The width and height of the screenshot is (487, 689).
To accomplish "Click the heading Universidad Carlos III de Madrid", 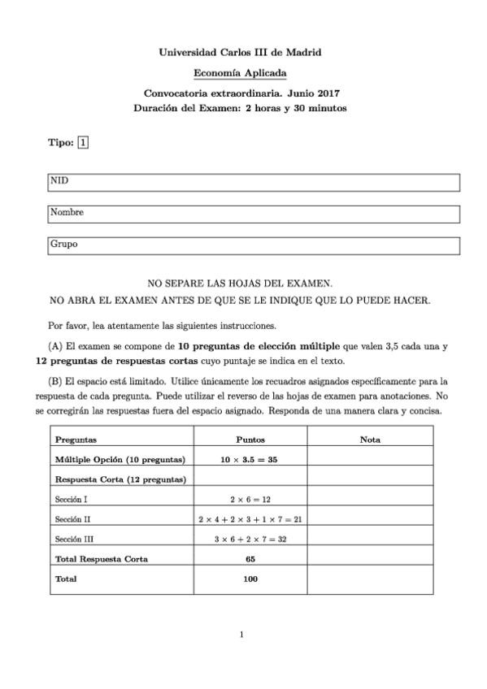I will [x=240, y=53].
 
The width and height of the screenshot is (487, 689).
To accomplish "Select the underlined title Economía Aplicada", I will [x=240, y=73].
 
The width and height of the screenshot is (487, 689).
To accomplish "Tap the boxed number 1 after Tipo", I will [x=83, y=143].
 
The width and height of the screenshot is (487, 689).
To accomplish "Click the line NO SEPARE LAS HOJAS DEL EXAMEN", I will [x=240, y=284].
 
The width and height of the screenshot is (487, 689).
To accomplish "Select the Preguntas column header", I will [x=76, y=440].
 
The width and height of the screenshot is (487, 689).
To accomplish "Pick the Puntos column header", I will [x=250, y=440].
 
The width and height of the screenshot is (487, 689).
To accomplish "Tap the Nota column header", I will [x=370, y=440].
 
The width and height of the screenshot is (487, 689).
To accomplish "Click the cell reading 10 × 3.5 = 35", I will [x=250, y=459].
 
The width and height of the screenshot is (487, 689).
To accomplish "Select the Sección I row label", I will [x=72, y=499].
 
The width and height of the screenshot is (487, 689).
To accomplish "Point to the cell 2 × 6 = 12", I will [x=250, y=499].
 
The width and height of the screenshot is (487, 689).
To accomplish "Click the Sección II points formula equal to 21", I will [x=250, y=518].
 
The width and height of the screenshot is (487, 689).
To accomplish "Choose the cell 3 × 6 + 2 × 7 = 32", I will [x=250, y=539].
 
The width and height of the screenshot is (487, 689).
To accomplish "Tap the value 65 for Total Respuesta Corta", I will [x=250, y=559].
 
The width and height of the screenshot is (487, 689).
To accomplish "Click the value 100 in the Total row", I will [x=250, y=579].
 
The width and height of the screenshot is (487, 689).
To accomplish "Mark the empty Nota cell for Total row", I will [x=370, y=579].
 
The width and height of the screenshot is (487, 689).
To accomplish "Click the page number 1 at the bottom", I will [x=241, y=635].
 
